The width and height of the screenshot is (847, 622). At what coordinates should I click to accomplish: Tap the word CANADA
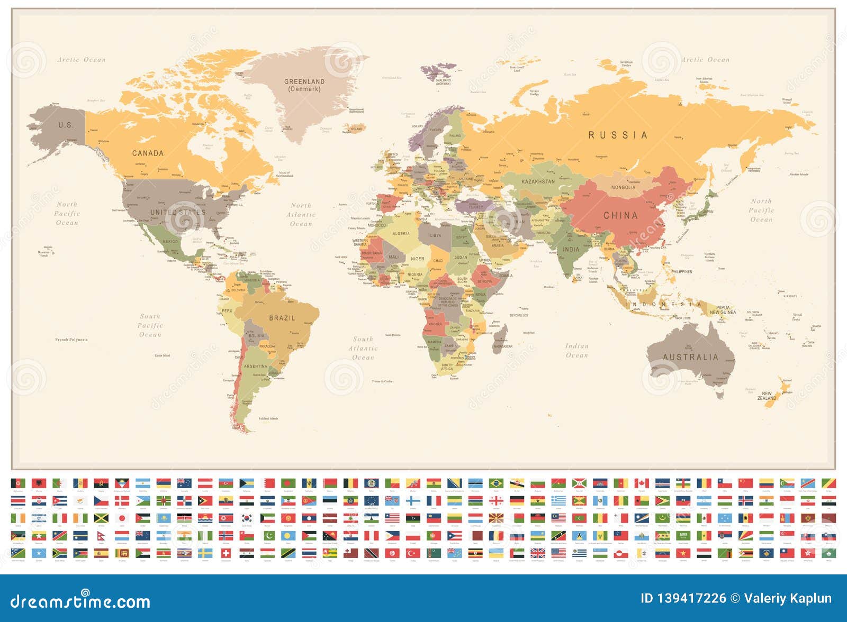(x=148, y=153)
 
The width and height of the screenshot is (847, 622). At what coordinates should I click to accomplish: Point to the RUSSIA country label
(x=618, y=135)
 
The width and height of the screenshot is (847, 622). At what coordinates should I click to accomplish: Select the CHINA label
(x=620, y=216)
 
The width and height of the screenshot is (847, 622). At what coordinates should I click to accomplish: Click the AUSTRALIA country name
(x=690, y=358)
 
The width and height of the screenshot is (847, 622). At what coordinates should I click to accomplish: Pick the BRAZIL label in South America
(x=282, y=318)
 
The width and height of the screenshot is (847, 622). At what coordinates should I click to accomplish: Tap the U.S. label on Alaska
(x=66, y=125)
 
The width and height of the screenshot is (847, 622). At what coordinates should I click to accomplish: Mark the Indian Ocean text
(x=576, y=351)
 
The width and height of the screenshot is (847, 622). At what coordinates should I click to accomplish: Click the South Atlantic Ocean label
(x=363, y=349)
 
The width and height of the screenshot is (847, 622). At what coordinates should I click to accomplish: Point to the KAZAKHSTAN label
(x=538, y=182)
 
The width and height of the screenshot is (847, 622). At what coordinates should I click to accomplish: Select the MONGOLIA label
(x=623, y=188)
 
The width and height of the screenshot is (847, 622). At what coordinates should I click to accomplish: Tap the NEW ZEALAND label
(x=767, y=396)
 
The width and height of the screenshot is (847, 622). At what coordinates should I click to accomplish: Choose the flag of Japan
(x=122, y=518)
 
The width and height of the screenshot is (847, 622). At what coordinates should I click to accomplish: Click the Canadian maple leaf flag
(x=642, y=483)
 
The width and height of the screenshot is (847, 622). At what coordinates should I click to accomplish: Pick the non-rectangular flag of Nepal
(x=101, y=536)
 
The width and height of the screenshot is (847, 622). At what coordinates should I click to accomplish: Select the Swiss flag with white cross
(x=226, y=553)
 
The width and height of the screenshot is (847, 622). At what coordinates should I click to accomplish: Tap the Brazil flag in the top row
(x=496, y=483)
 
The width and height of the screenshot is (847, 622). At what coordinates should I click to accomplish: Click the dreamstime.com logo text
(x=80, y=601)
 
